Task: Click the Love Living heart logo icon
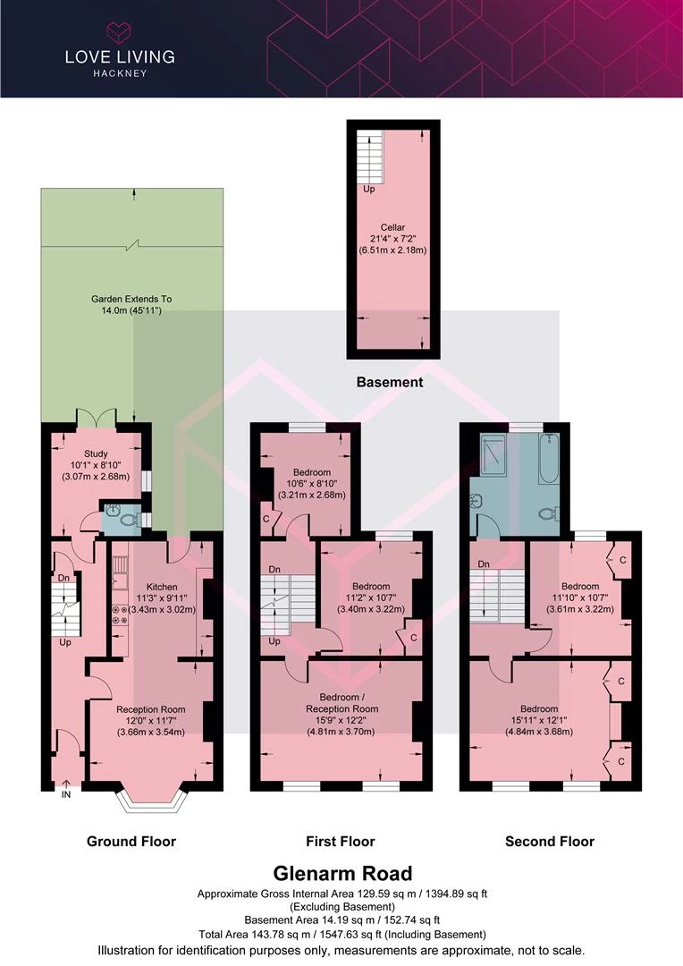click(x=120, y=32)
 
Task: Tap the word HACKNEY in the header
click(x=120, y=73)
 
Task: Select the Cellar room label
click(x=392, y=227)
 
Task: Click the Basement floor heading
click(x=390, y=382)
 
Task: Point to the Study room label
click(x=96, y=453)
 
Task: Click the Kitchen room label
click(x=162, y=587)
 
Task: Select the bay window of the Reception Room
click(x=151, y=801)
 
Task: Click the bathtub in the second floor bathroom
click(x=549, y=459)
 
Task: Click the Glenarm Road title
click(x=342, y=873)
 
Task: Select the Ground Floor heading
click(x=131, y=842)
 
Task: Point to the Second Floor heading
click(x=550, y=842)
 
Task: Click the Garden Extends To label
click(x=131, y=299)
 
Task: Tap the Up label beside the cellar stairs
click(x=369, y=189)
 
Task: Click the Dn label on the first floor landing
click(x=274, y=569)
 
